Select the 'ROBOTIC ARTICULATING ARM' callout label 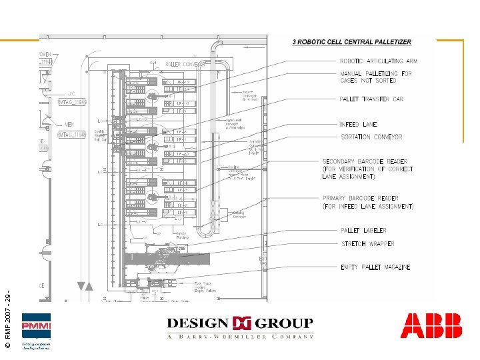(x=379, y=61)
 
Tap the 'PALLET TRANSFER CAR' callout (x=372, y=99)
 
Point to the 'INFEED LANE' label (x=358, y=125)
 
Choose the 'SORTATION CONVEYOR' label (x=371, y=137)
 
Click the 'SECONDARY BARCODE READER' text (x=365, y=162)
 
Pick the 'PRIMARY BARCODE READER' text (x=360, y=199)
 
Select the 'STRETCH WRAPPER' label (x=367, y=244)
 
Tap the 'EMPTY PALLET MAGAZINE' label (x=375, y=267)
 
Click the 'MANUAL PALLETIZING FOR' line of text (x=376, y=73)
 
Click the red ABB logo (x=431, y=326)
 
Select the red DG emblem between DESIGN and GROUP (x=240, y=324)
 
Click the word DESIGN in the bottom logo (x=197, y=323)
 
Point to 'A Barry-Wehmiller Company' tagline (x=240, y=337)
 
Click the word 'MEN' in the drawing (x=69, y=124)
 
